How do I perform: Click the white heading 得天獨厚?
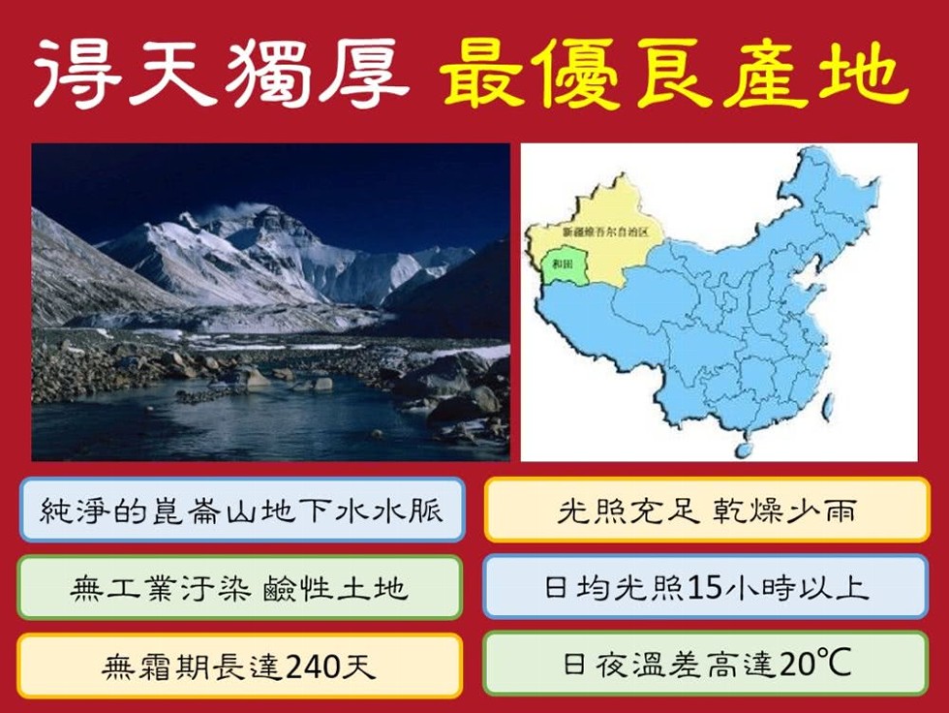[x=221, y=74]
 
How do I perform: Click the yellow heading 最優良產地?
[x=673, y=74]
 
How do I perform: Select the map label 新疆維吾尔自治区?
[x=606, y=232]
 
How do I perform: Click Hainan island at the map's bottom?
[x=744, y=449]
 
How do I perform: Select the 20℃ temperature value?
[x=815, y=664]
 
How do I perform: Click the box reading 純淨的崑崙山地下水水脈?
[x=242, y=510]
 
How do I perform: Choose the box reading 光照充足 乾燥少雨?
[x=707, y=510]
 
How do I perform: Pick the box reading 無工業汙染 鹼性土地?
[x=240, y=587]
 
